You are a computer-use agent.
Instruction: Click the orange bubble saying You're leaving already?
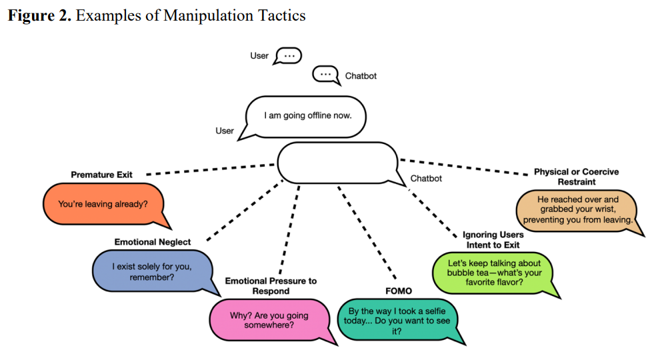pyautogui.click(x=103, y=204)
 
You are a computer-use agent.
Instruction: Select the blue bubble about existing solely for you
pyautogui.click(x=152, y=271)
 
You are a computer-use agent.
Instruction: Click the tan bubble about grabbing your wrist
pyautogui.click(x=578, y=209)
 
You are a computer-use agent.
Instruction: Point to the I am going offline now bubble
pyautogui.click(x=307, y=115)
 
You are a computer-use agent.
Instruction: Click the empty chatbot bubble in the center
pyautogui.click(x=337, y=162)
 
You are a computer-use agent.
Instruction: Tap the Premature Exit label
pyautogui.click(x=101, y=175)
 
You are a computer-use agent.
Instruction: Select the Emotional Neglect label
pyautogui.click(x=153, y=242)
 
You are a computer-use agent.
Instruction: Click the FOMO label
pyautogui.click(x=399, y=291)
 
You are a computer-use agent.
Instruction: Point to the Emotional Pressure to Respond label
pyautogui.click(x=271, y=286)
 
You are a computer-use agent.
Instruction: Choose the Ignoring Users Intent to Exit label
pyautogui.click(x=493, y=240)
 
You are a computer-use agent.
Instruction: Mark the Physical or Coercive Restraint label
pyautogui.click(x=576, y=177)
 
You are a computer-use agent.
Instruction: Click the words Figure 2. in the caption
pyautogui.click(x=39, y=15)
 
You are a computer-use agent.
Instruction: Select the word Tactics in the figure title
pyautogui.click(x=277, y=15)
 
